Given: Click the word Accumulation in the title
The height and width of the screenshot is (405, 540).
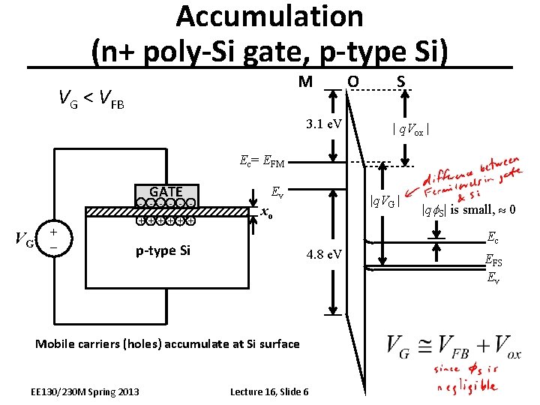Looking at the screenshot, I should pos(270,16).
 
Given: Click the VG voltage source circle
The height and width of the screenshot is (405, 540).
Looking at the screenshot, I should pos(55,238).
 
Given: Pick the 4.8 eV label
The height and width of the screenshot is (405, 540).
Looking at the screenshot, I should pos(324,256).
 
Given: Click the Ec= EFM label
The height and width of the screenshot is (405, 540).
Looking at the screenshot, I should pos(262,160).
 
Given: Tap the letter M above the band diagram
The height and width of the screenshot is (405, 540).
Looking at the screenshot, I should pos(305,80).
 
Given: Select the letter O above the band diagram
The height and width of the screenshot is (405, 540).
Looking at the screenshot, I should pos(352,80).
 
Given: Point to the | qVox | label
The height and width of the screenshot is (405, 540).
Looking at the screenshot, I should pos(410,129).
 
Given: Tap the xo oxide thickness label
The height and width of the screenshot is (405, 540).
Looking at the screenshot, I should pos(265,214).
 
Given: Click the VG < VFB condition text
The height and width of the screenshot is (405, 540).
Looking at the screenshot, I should pos(91,97).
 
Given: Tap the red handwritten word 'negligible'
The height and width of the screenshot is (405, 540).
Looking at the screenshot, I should pos(468,386).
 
